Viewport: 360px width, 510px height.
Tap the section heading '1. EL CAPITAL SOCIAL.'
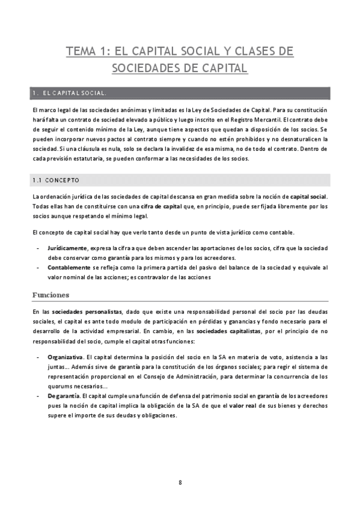click(x=71, y=93)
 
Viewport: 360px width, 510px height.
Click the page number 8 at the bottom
click(x=180, y=482)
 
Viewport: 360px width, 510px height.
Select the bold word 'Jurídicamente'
click(x=67, y=248)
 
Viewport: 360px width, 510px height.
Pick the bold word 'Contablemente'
click(x=69, y=267)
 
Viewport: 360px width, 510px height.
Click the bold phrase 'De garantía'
click(x=63, y=396)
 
